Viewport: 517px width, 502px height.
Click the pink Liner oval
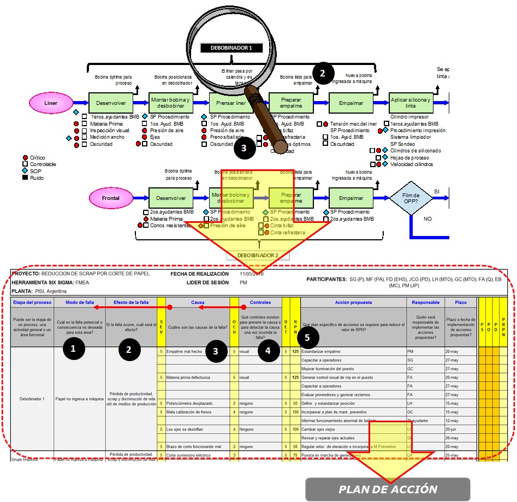tap(51, 102)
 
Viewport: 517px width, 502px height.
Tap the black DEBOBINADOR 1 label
tap(232, 48)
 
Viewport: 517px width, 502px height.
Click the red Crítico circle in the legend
tap(25, 157)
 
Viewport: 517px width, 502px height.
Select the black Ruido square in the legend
tap(25, 178)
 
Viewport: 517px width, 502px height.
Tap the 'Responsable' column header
tap(425, 302)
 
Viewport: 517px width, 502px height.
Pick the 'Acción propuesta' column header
tap(353, 302)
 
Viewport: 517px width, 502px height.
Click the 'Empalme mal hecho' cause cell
tap(186, 352)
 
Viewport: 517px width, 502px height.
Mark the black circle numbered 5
tap(307, 338)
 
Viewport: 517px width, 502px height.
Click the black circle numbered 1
tap(74, 347)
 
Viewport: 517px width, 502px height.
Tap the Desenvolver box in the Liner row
tap(110, 102)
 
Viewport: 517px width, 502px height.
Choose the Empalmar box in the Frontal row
tap(350, 198)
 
